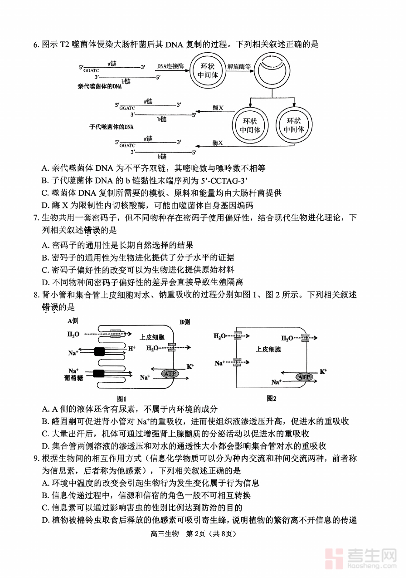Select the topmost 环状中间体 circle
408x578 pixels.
(208, 70)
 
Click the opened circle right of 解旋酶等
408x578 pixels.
(272, 70)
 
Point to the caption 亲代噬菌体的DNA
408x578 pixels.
(100, 86)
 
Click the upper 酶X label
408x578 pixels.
(218, 108)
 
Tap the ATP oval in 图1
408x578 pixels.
(170, 373)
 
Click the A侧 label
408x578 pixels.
(73, 321)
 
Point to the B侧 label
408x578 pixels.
(185, 322)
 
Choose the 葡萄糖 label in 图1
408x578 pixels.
(73, 377)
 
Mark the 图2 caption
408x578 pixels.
(272, 398)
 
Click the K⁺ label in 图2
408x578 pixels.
(323, 371)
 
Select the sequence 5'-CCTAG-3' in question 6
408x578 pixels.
(226, 181)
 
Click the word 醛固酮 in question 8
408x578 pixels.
(63, 421)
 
